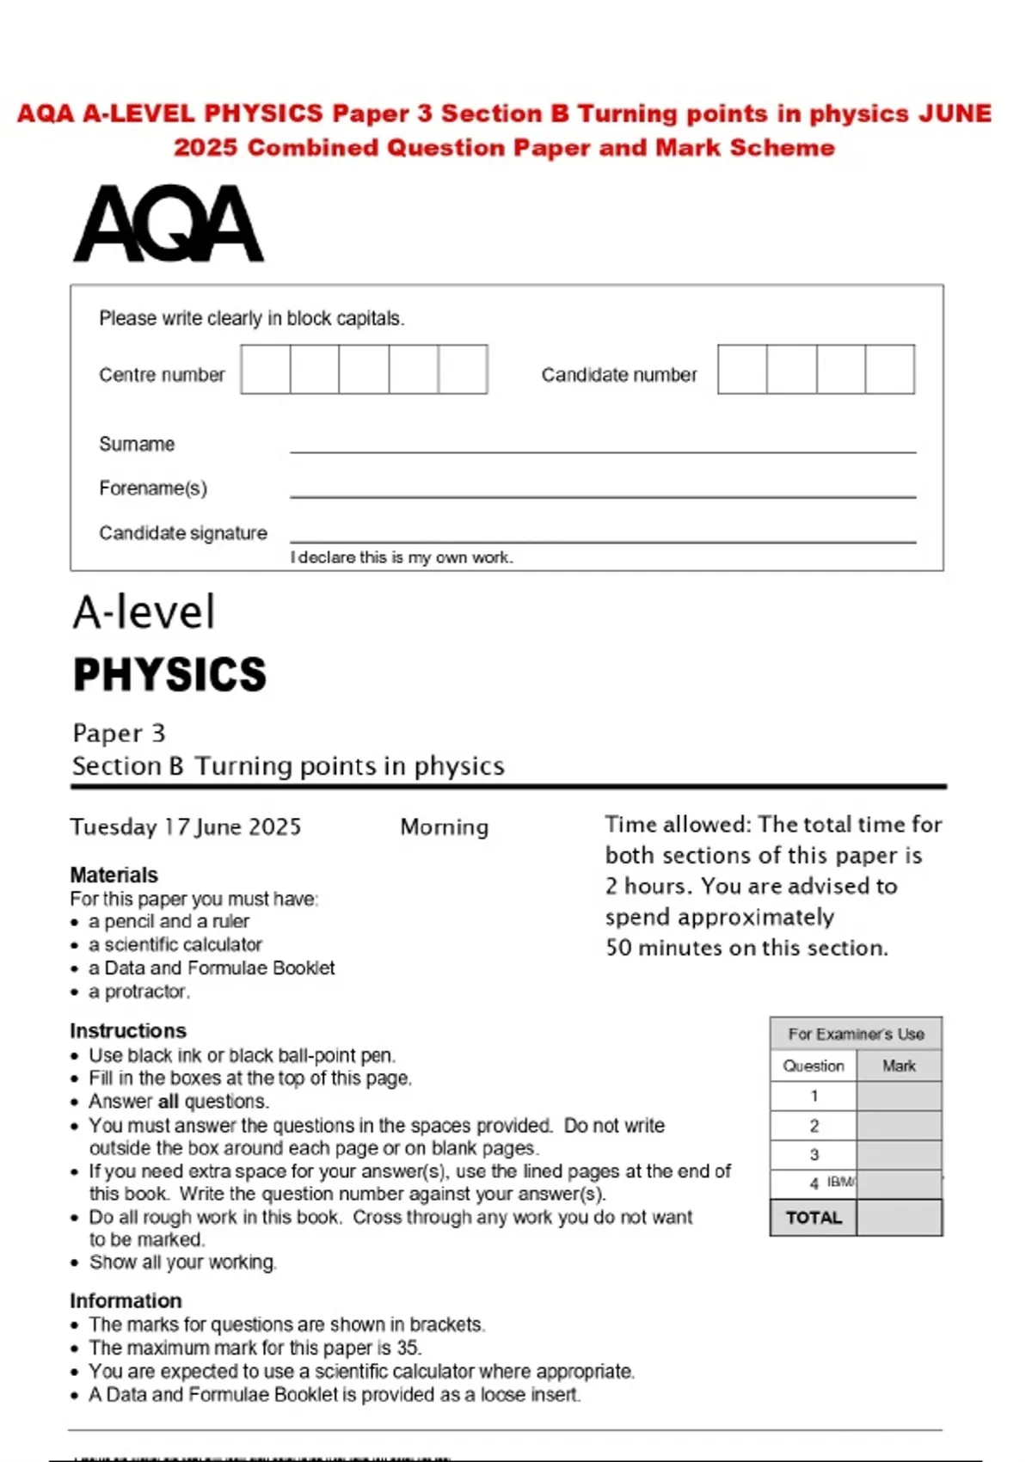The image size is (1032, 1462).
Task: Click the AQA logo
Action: [x=169, y=224]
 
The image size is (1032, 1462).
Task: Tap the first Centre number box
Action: [x=266, y=370]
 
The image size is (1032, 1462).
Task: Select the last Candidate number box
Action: [x=889, y=370]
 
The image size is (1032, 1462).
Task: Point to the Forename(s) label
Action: [x=153, y=488]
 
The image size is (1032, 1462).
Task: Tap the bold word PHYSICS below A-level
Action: [x=169, y=674]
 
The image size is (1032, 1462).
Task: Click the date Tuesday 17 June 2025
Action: [x=186, y=827]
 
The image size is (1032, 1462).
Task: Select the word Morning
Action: [x=444, y=827]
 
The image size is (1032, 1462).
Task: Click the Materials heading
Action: [x=114, y=875]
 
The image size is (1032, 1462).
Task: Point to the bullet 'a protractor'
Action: [x=138, y=992]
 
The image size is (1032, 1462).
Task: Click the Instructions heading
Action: [x=127, y=1030]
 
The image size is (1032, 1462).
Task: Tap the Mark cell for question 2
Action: [x=899, y=1126]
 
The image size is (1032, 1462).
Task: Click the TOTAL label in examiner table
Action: [x=814, y=1218]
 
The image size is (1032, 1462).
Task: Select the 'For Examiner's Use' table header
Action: [x=856, y=1034]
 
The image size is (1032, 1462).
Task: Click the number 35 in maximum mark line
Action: [x=408, y=1348]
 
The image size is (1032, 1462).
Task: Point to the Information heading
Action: [x=126, y=1300]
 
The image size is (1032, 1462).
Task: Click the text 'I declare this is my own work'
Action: [x=402, y=557]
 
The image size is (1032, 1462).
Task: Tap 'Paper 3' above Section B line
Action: [x=119, y=734]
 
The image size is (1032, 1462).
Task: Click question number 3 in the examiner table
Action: [x=814, y=1155]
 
